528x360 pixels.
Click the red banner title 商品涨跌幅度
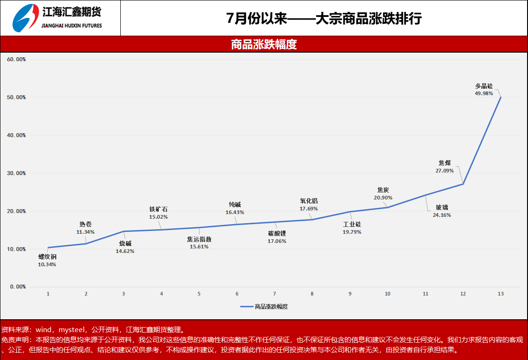[264, 44]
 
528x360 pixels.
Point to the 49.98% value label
[484, 93]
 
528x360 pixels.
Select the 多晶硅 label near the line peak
[484, 86]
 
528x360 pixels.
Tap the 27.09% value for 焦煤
[444, 171]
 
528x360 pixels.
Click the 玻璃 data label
[442, 208]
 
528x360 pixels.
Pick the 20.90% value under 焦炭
[383, 198]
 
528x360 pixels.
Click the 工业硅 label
[352, 225]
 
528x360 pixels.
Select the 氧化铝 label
[309, 201]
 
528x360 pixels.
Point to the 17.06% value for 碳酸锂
[277, 241]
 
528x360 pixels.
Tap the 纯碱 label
[235, 205]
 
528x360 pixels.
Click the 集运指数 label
[199, 239]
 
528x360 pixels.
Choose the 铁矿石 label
[158, 210]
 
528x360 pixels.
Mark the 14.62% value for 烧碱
[125, 251]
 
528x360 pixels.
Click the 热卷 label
[86, 225]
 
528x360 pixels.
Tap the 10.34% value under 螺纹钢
[47, 264]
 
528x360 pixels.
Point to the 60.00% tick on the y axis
[16, 59]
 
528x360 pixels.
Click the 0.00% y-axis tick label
[17, 287]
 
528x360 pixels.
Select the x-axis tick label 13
[501, 294]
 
